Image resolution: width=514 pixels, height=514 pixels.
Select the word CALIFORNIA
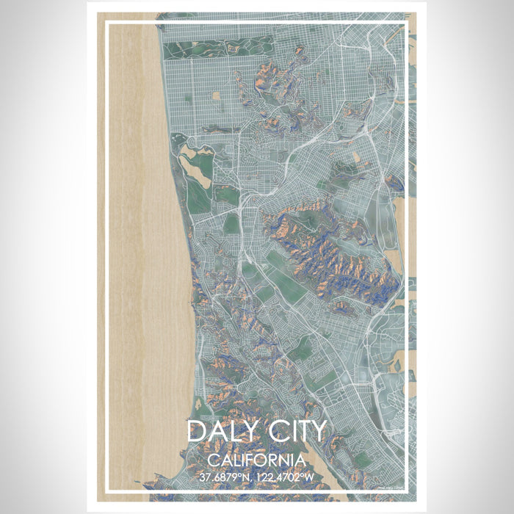pyautogui.click(x=256, y=460)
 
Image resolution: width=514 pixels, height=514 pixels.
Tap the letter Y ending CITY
pyautogui.click(x=316, y=431)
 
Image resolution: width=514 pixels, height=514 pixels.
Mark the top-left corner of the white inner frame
pyautogui.click(x=106, y=23)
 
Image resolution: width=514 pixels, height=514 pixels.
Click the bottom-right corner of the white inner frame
pyautogui.click(x=406, y=490)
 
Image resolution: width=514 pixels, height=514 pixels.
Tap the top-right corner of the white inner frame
pyautogui.click(x=406, y=23)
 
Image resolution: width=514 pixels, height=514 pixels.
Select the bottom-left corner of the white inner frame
pyautogui.click(x=106, y=490)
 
